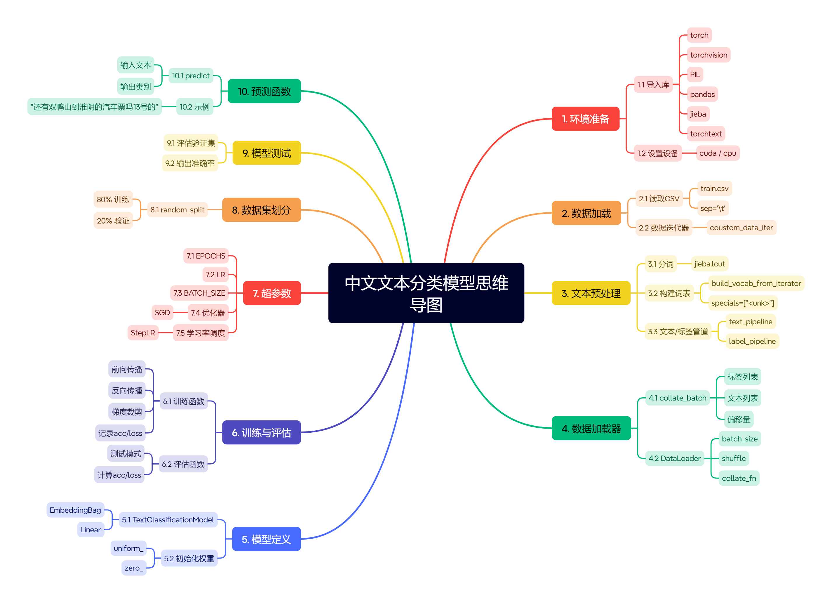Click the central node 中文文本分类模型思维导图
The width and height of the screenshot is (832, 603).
tap(426, 293)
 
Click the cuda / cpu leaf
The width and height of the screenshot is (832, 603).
tap(717, 153)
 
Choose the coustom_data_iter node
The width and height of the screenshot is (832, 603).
tap(741, 228)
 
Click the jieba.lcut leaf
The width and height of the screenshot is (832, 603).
tap(709, 264)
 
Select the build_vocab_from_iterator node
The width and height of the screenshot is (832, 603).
tap(756, 283)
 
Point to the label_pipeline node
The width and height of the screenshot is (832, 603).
tap(752, 341)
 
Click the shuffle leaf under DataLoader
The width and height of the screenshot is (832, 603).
tap(733, 458)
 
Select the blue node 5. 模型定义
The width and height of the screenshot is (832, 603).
tap(266, 539)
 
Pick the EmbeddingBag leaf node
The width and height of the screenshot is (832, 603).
tap(75, 510)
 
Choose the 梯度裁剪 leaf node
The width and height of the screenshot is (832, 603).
tap(127, 412)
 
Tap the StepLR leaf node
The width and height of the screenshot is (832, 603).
tap(143, 333)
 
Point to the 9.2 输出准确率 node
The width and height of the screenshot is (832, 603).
tap(190, 163)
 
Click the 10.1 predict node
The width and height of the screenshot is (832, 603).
tap(191, 76)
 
